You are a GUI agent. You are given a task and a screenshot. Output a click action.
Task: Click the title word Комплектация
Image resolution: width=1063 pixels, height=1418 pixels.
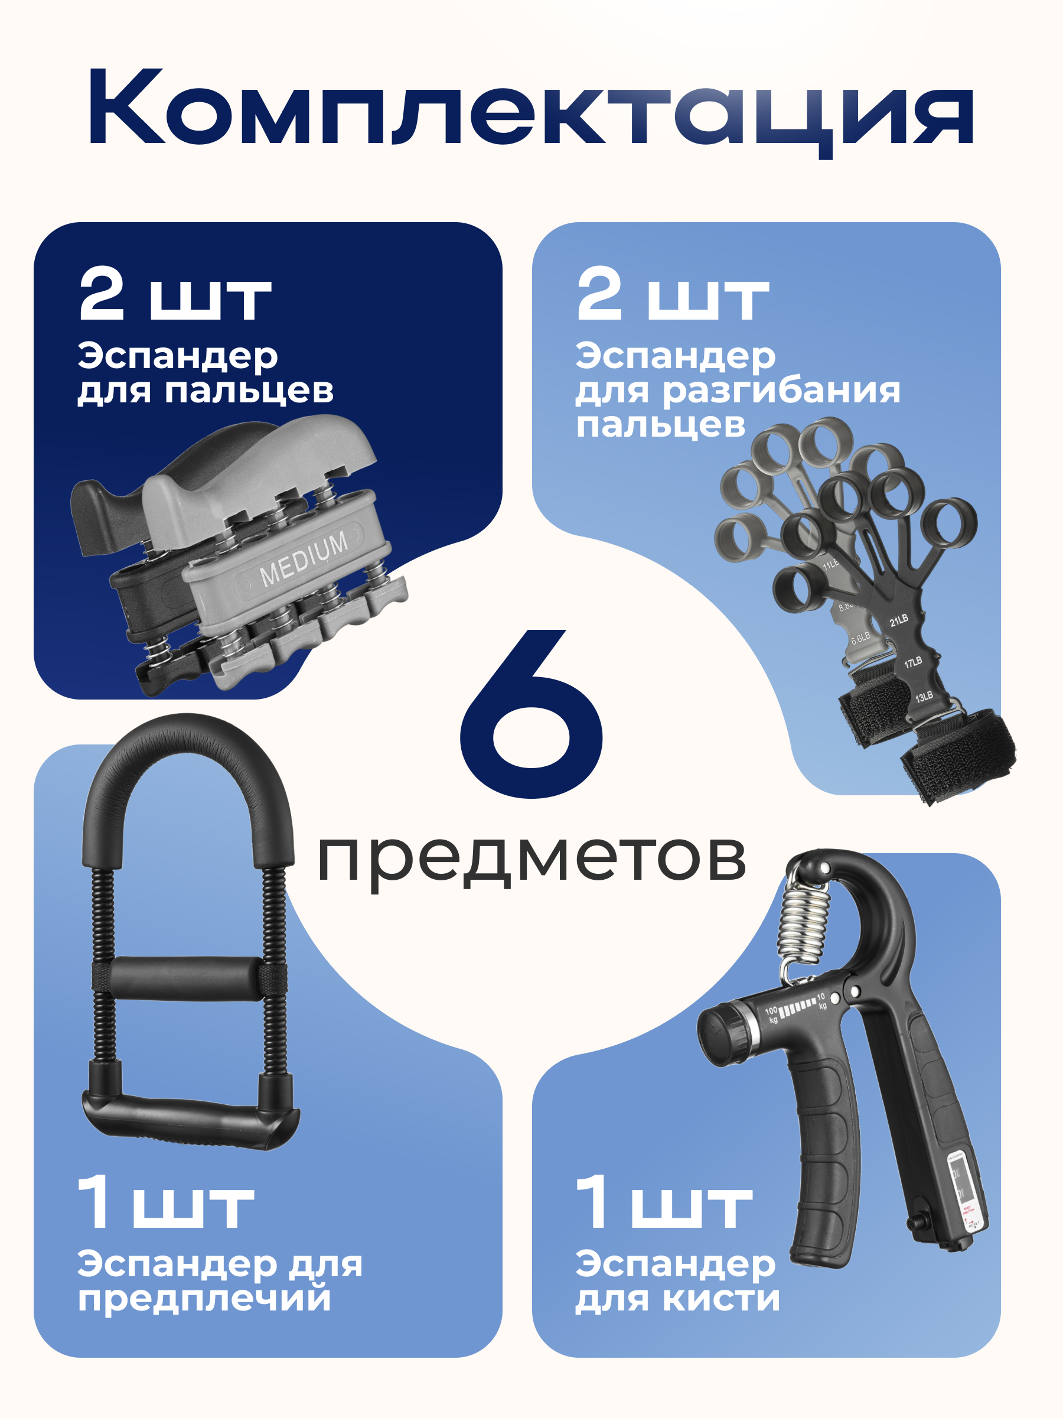tap(531, 109)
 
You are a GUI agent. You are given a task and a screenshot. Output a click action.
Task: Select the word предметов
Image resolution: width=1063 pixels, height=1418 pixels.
tap(531, 859)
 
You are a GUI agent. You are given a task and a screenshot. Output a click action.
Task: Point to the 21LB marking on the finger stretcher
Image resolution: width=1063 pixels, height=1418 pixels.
tap(898, 620)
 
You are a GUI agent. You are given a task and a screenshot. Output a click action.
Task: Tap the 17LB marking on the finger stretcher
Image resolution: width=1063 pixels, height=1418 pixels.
tap(912, 662)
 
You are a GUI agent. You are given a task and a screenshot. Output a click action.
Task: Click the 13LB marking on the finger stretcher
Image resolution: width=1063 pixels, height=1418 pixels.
tap(923, 697)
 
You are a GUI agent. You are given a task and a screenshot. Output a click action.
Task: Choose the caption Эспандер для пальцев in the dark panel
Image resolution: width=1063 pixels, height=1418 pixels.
tap(205, 373)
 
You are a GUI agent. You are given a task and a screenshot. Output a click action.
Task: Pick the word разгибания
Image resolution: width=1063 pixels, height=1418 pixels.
tap(781, 391)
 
